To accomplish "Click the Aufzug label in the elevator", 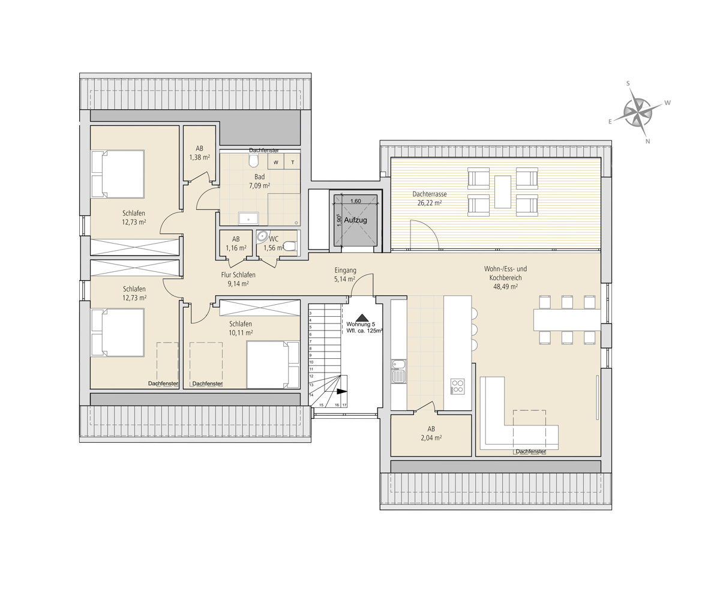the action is pos(355,220).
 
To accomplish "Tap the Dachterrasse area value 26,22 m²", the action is pos(430,203).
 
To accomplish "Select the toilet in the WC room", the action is pos(289,246).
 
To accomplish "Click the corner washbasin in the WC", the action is pos(262,236).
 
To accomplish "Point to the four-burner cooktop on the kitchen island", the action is pos(458,386).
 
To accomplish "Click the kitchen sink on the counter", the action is pos(398,371).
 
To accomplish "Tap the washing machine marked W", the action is pos(276,162).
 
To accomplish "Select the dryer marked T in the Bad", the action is pos(292,162).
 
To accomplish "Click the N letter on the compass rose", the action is pos(647,141).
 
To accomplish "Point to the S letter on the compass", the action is pos(628,83).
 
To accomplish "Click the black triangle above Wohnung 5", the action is pos(361,317).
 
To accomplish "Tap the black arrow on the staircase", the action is pos(341,391).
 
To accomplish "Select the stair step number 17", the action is pos(344,405).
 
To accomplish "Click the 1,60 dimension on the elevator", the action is pos(356,201).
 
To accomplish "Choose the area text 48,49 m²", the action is pos(505,287).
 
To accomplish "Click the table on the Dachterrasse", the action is pos(502,192).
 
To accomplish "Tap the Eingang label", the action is pos(345,271).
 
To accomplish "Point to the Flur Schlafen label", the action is pos(238,275).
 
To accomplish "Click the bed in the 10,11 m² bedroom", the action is pos(273,365).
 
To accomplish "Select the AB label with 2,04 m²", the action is pos(431,429).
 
